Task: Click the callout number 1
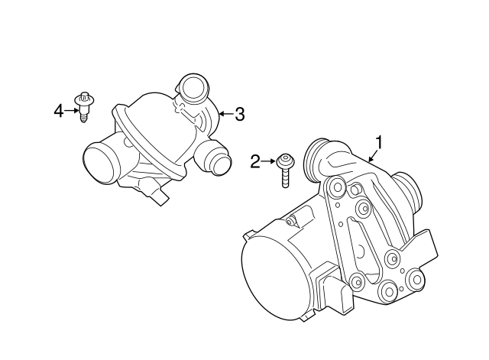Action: coord(378,141)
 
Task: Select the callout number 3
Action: coord(239,115)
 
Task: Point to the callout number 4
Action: coord(59,112)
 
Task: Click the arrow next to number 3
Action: coord(225,115)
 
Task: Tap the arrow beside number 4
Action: coord(72,112)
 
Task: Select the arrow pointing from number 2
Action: coord(270,161)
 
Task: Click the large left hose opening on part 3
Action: coord(99,164)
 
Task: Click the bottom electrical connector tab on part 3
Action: coord(159,197)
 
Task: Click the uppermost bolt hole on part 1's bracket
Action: coord(334,186)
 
